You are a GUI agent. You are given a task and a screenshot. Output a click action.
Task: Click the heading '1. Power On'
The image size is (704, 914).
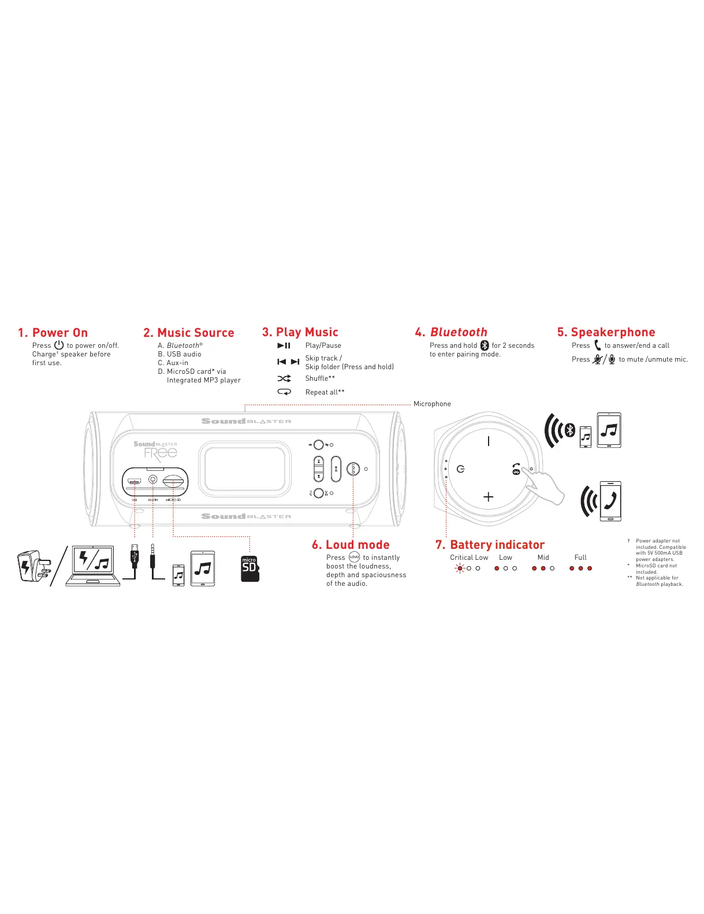pyautogui.click(x=53, y=333)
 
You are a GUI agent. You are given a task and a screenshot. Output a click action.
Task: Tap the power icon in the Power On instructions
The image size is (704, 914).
pyautogui.click(x=59, y=345)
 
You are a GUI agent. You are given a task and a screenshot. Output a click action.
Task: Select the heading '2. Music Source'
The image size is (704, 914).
pyautogui.click(x=189, y=333)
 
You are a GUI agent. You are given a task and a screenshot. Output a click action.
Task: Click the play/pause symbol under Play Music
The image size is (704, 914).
pyautogui.click(x=284, y=345)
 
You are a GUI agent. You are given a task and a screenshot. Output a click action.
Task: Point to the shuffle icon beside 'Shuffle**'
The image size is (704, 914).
pyautogui.click(x=284, y=378)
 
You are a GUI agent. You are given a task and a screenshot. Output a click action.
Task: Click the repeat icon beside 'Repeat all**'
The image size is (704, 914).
pyautogui.click(x=284, y=392)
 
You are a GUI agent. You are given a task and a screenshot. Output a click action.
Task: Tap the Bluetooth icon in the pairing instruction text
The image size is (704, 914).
pyautogui.click(x=485, y=345)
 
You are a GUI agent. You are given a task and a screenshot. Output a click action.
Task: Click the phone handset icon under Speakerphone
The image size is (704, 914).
pyautogui.click(x=597, y=345)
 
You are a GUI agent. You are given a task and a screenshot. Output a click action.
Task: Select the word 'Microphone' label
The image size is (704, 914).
pyautogui.click(x=432, y=404)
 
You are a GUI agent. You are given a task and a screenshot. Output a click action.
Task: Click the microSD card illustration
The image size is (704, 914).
pyautogui.click(x=249, y=569)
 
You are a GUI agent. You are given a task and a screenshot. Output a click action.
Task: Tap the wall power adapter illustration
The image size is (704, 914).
pyautogui.click(x=34, y=566)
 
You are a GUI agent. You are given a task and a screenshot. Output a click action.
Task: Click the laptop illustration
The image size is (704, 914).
pyautogui.click(x=93, y=566)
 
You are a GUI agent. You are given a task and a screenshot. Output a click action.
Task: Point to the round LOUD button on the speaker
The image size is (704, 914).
pyautogui.click(x=353, y=469)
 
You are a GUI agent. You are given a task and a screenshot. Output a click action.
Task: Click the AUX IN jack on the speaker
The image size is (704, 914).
pyautogui.click(x=153, y=479)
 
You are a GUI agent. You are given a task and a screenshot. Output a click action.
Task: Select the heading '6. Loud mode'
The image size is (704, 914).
pyautogui.click(x=351, y=545)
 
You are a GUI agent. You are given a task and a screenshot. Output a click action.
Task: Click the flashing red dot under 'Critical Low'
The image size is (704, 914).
pyautogui.click(x=460, y=569)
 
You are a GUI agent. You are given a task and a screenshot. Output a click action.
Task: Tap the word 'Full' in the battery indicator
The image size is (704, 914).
pyautogui.click(x=580, y=558)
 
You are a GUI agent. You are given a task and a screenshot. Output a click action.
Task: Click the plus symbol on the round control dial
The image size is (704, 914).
pyautogui.click(x=489, y=496)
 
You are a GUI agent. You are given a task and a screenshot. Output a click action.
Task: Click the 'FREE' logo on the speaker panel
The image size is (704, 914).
pyautogui.click(x=161, y=452)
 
